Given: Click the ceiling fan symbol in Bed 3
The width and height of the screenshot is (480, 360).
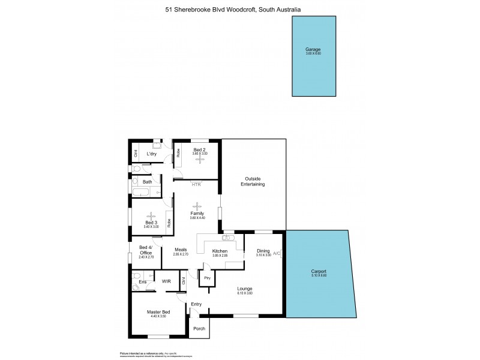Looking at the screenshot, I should tap(152, 217).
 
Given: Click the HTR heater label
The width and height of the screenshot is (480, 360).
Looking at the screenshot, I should tap(196, 185).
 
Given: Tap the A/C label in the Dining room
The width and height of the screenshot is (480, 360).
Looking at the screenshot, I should tap(277, 254).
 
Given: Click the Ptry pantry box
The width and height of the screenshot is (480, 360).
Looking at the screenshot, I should tap(207, 278).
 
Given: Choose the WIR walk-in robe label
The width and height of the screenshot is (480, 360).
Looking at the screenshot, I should tap(166, 281).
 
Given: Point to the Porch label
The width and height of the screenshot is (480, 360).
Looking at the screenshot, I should tap(198, 329).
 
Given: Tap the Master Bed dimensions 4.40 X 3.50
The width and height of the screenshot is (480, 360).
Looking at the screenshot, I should tap(158, 317).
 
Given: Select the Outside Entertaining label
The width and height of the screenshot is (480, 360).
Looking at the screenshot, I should tap(255, 181).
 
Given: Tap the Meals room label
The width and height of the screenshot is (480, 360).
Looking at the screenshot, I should tap(181, 250).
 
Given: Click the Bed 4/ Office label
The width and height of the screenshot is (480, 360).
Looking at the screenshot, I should tap(146, 250).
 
